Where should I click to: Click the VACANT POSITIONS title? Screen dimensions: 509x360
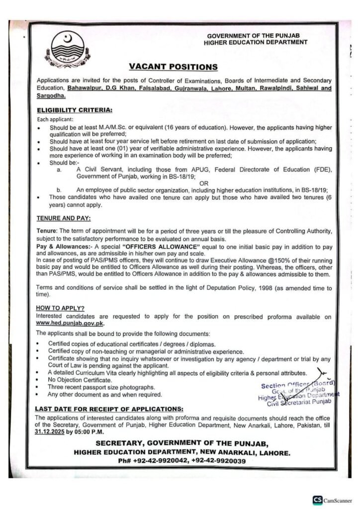(173, 66)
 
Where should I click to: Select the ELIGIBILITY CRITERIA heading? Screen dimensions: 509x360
(75, 109)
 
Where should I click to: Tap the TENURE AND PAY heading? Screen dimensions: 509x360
(63, 218)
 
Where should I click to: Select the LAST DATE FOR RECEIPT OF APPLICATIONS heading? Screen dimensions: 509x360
(109, 409)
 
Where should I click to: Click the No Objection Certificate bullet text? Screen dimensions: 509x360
(79, 379)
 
